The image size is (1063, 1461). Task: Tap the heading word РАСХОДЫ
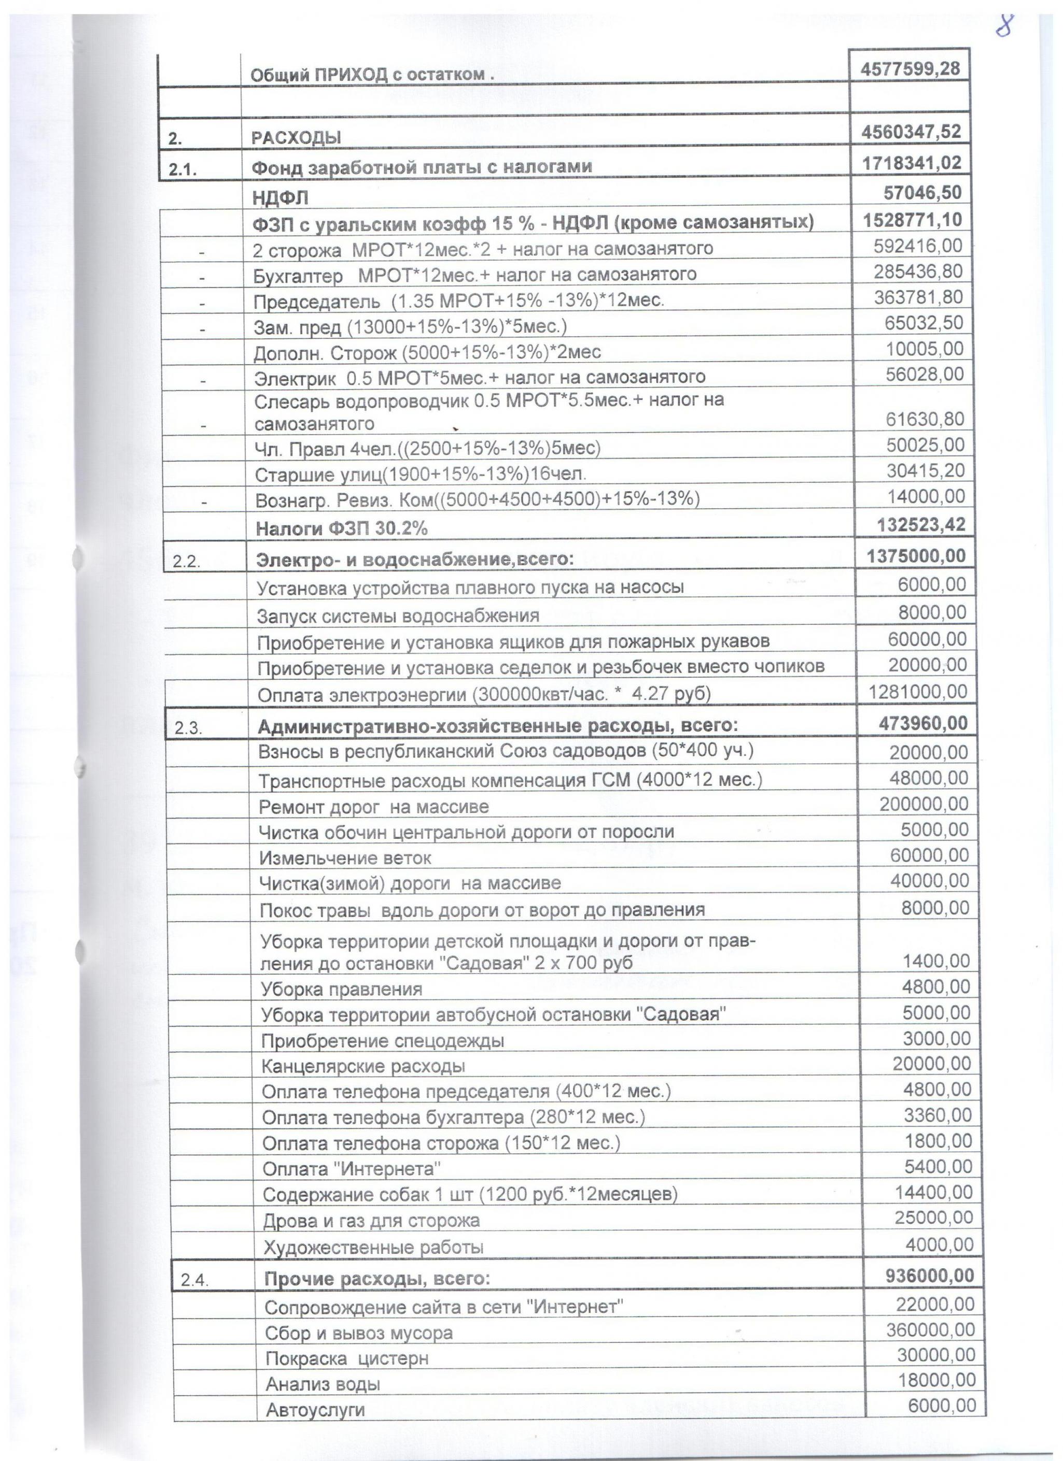(x=296, y=138)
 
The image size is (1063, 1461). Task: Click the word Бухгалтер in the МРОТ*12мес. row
(x=298, y=276)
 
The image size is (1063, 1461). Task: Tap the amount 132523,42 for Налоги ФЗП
(x=921, y=524)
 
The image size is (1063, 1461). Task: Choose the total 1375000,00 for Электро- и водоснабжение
(x=917, y=555)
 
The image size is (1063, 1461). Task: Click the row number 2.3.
(x=188, y=728)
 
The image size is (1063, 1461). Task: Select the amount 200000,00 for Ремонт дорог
(x=924, y=804)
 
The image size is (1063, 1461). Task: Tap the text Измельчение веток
(x=345, y=858)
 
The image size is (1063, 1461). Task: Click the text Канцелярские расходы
(x=363, y=1066)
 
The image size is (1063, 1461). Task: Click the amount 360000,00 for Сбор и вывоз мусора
(x=930, y=1329)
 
